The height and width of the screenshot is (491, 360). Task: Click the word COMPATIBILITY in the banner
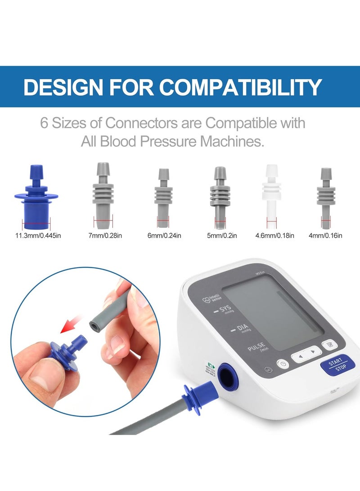pos(241,87)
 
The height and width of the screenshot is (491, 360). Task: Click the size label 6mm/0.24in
pos(163,235)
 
